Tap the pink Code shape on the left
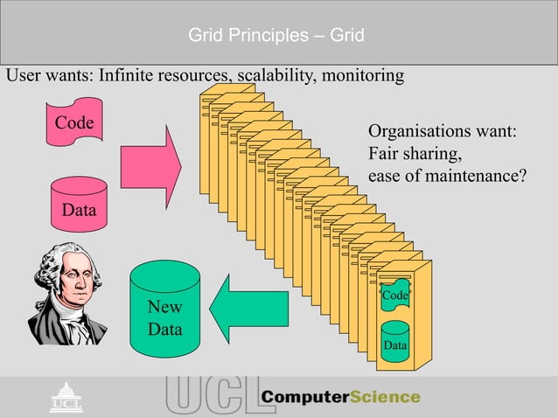(74, 128)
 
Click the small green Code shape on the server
(394, 296)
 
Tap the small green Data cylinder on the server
(395, 341)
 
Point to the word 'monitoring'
(364, 76)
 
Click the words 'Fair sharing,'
(415, 155)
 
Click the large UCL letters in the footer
(210, 397)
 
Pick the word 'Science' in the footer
(385, 397)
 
